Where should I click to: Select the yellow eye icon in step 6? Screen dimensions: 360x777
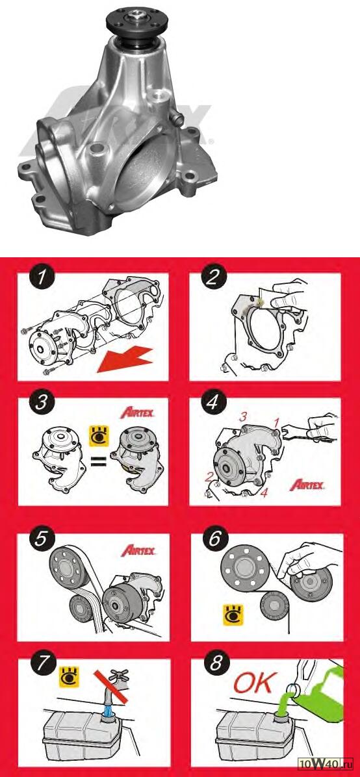[231, 613]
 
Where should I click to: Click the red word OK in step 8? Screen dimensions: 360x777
[254, 684]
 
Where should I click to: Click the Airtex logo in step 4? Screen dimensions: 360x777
[307, 484]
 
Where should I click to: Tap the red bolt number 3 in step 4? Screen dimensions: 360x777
[244, 418]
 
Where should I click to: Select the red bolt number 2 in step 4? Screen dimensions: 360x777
[211, 477]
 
